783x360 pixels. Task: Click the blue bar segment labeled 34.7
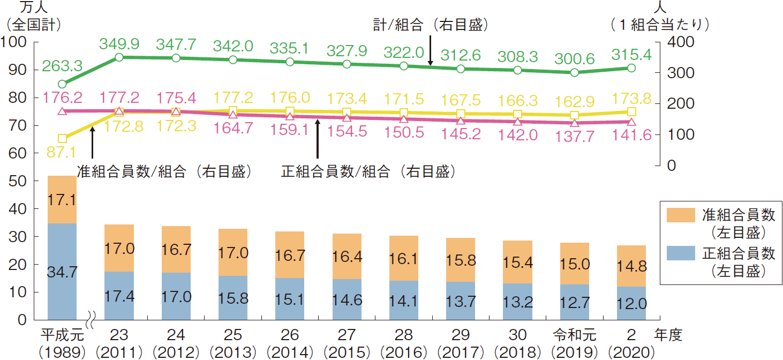62,271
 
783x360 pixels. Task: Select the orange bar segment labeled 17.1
62,199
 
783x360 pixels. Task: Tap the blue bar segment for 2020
631,303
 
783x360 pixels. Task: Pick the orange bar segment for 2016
404,258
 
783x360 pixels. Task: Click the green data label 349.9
119,42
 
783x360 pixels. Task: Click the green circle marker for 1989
62,84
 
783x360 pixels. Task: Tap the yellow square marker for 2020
631,111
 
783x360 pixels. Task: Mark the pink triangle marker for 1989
62,111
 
